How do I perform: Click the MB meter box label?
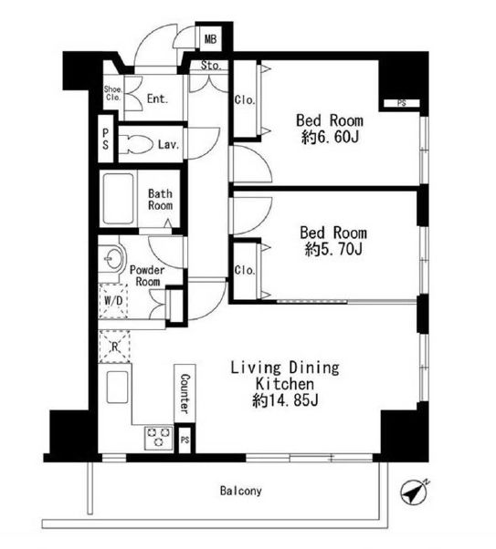coord(210,39)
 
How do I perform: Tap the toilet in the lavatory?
coord(136,144)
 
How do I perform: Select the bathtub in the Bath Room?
coord(118,199)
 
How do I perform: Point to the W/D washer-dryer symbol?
coord(113,301)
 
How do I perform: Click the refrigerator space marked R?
coord(114,347)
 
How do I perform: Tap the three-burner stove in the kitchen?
coord(159,438)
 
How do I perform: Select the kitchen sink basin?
coord(117,387)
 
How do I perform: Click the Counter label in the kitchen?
coord(185,393)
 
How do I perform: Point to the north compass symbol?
coord(414,493)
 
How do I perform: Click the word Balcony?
coord(240,491)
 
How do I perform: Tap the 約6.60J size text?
coord(330,137)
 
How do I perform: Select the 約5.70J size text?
coord(333,250)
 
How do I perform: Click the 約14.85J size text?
coord(285,400)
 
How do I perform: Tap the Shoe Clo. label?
coord(112,94)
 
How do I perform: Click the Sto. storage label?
coord(211,65)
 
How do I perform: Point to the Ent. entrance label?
coord(157,98)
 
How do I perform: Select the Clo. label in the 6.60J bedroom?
coord(245,100)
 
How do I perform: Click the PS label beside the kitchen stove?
coord(185,440)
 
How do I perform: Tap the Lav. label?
coord(168,144)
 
